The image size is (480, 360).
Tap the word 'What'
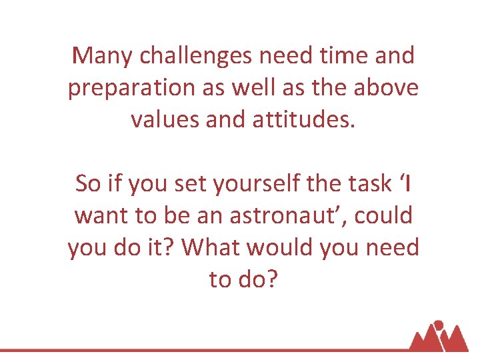pyautogui.click(x=209, y=248)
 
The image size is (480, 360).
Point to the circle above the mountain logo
pyautogui.click(x=439, y=326)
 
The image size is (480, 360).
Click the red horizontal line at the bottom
pyautogui.click(x=200, y=349)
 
